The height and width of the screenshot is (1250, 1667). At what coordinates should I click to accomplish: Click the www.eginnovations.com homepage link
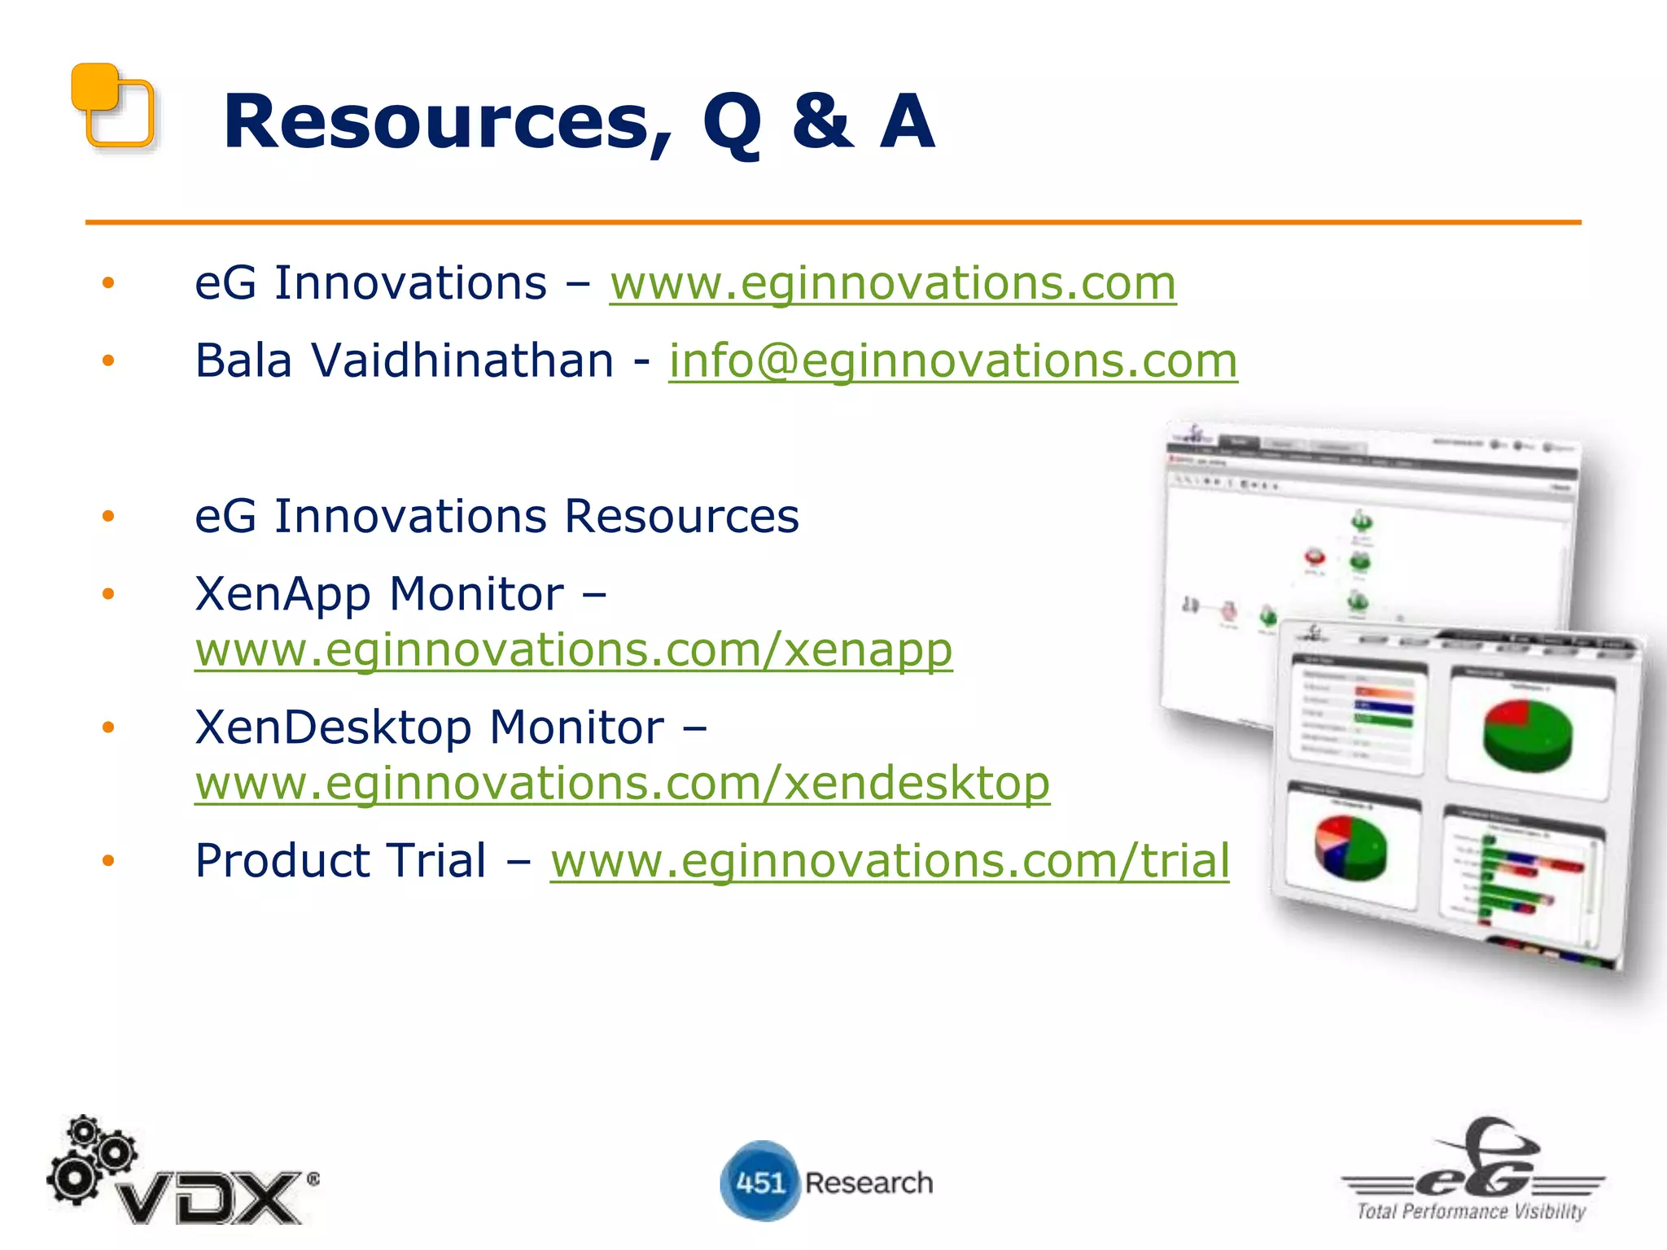pyautogui.click(x=892, y=284)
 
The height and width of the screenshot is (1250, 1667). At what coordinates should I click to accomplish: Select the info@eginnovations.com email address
pyautogui.click(x=952, y=361)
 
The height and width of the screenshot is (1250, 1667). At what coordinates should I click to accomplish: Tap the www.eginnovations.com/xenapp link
pyautogui.click(x=573, y=651)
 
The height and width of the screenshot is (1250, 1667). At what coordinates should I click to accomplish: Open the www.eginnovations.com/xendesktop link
pyautogui.click(x=622, y=784)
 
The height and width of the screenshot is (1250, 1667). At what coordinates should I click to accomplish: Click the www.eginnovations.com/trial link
pyautogui.click(x=889, y=861)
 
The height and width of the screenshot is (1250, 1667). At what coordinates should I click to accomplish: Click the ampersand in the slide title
pyautogui.click(x=822, y=122)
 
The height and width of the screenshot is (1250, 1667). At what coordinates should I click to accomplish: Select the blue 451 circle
pyautogui.click(x=759, y=1182)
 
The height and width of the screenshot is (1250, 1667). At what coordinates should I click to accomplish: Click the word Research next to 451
pyautogui.click(x=869, y=1182)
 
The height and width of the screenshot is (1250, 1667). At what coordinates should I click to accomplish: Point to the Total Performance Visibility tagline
pyautogui.click(x=1470, y=1211)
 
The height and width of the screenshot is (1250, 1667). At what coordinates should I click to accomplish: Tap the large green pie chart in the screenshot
pyautogui.click(x=1527, y=734)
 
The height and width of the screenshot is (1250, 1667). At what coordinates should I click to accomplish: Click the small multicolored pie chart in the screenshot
pyautogui.click(x=1350, y=849)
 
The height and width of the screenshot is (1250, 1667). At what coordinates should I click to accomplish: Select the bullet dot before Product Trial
pyautogui.click(x=108, y=861)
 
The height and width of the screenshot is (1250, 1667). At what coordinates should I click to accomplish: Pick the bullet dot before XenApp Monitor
pyautogui.click(x=108, y=594)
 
